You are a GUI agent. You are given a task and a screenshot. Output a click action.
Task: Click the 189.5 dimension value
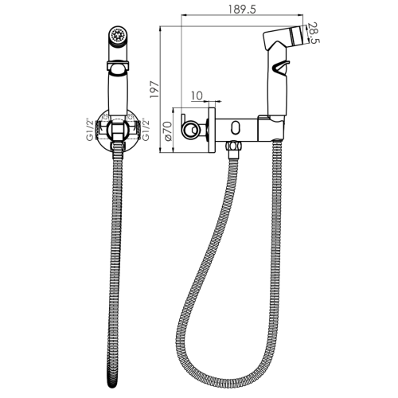pos(242,10)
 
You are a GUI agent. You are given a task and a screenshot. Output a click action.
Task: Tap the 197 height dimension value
pos(154,90)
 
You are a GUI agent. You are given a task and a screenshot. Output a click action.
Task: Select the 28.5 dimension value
pos(315,33)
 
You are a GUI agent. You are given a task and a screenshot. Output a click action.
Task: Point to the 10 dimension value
pos(197,96)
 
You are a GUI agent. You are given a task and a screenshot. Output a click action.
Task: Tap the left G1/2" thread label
pos(91,129)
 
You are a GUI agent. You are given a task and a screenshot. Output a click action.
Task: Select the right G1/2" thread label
pos(146,129)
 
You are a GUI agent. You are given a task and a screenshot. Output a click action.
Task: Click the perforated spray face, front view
pos(118,35)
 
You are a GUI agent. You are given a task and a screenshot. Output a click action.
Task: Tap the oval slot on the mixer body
pos(236,127)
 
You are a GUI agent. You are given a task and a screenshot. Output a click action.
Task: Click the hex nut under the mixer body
pos(233,146)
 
